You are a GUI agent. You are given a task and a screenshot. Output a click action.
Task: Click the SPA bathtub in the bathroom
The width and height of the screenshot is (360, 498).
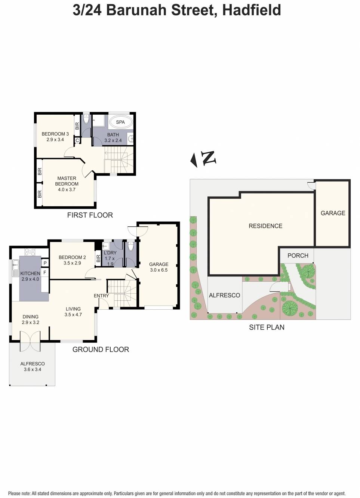pos(120,122)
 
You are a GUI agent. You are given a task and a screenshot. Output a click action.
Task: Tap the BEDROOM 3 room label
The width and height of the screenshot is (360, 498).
pos(55,134)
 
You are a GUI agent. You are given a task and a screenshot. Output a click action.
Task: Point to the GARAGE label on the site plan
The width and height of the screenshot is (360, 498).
pos(333,213)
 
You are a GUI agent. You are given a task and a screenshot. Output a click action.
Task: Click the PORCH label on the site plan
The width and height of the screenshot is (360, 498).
pos(298,256)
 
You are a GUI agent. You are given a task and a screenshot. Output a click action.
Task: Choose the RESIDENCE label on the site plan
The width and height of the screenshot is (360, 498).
pos(265,226)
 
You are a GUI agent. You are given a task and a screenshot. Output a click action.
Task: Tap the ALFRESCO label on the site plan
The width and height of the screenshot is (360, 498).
pos(224,295)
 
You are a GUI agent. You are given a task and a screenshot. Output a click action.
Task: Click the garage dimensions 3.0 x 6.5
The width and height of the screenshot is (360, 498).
pos(159,270)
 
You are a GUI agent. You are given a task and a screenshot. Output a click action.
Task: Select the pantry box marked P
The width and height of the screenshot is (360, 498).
pos(45,263)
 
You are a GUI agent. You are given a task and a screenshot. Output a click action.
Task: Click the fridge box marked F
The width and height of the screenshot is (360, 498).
pos(45,272)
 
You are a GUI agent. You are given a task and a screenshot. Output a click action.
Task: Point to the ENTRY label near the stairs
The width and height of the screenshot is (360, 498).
pos(101,296)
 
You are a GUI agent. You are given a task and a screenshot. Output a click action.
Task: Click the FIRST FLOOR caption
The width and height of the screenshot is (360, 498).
pos(90,215)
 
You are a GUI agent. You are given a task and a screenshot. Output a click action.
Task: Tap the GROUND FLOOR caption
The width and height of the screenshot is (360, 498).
pos(101,349)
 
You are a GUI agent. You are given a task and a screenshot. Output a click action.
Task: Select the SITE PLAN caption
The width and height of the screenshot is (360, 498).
pos(267,327)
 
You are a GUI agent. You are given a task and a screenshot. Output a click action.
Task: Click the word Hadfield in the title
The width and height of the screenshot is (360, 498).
pos(251,10)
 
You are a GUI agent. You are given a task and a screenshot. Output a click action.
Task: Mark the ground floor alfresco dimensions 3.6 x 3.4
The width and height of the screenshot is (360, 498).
pos(33,369)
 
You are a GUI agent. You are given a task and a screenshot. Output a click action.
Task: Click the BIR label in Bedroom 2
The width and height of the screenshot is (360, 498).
pos(98,258)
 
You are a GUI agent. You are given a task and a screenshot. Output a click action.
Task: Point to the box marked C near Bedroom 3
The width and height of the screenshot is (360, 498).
pos(77,140)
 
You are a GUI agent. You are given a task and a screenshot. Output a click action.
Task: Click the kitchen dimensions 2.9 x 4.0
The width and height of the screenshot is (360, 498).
pos(30,279)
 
